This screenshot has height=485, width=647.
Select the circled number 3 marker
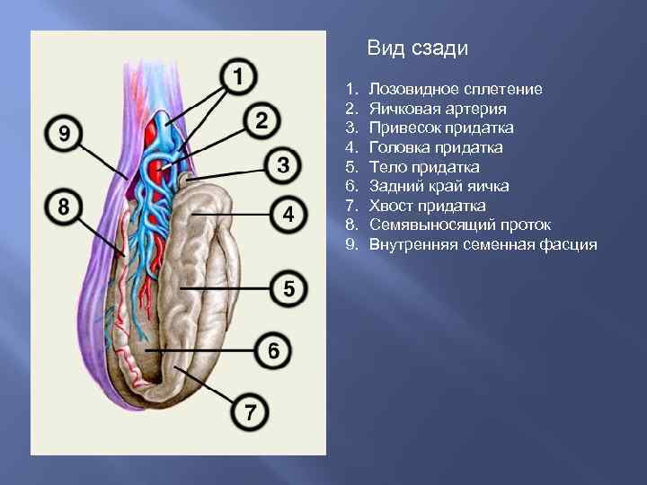[x=282, y=165]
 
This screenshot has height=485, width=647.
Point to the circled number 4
[x=288, y=215]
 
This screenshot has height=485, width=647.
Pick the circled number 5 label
[x=288, y=289]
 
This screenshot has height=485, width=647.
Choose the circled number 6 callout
[x=273, y=351]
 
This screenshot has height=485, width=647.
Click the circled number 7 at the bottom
[x=250, y=414]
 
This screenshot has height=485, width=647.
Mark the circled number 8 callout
[x=63, y=207]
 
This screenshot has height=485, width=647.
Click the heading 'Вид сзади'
[x=418, y=49]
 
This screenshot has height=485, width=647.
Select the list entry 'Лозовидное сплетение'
[x=456, y=90]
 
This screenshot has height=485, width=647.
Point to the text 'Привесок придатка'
[x=441, y=128]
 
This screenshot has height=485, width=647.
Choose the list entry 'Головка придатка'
[x=436, y=147]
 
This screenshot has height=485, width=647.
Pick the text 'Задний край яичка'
[x=439, y=186]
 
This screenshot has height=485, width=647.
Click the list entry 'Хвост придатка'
[x=427, y=206]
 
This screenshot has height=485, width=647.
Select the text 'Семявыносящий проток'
[x=460, y=225]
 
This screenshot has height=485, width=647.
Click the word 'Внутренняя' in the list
[x=411, y=244]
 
